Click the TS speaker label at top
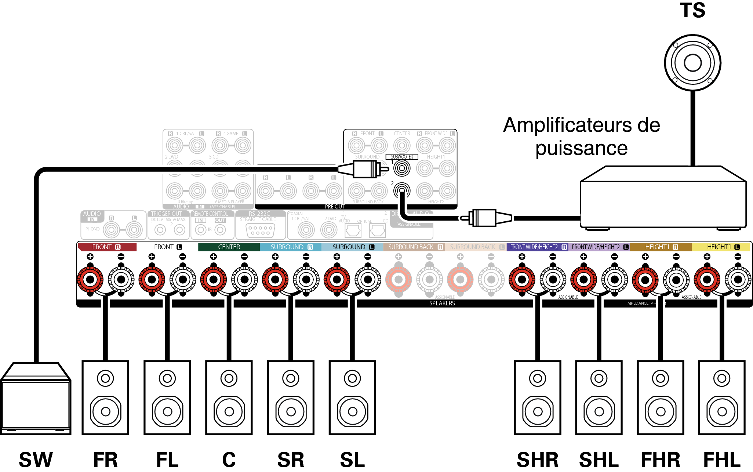[x=692, y=10]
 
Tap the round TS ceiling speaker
[x=692, y=63]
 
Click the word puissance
[x=581, y=149]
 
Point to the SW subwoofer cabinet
[x=36, y=400]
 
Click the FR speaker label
[x=106, y=460]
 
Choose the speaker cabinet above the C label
[x=229, y=397]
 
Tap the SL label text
[x=352, y=460]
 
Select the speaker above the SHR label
[x=538, y=397]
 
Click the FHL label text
[x=722, y=460]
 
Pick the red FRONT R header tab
[x=107, y=247]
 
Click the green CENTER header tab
[x=229, y=247]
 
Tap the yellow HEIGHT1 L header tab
[x=721, y=247]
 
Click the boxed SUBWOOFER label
[x=402, y=157]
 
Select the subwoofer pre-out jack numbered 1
[x=402, y=168]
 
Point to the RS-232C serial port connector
[x=260, y=230]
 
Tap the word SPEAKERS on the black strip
[x=442, y=304]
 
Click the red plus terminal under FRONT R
[x=90, y=280]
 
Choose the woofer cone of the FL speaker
[x=167, y=411]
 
